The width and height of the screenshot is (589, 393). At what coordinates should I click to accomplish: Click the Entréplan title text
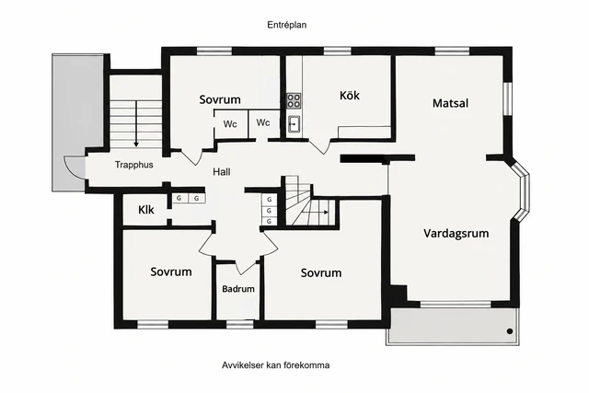coord(287,25)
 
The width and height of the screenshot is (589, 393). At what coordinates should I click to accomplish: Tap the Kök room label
coord(350,96)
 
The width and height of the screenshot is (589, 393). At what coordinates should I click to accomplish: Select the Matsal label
coord(450,103)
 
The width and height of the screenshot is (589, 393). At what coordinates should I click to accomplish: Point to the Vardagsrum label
coord(456,234)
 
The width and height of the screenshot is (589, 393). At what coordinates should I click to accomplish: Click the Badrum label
coord(238,289)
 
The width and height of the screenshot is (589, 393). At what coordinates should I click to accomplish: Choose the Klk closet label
coord(146,210)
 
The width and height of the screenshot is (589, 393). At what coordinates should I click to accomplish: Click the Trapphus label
coord(134,165)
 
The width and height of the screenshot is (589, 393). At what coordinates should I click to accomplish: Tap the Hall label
coord(222,172)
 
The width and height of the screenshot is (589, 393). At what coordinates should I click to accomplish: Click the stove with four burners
coord(294,100)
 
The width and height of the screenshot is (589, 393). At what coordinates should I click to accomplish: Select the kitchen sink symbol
coord(294,124)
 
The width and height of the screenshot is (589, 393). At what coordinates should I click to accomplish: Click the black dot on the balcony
coord(510,331)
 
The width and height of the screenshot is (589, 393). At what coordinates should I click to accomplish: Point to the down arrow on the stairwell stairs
coord(136,123)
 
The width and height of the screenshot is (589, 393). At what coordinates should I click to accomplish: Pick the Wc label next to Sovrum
coord(230,124)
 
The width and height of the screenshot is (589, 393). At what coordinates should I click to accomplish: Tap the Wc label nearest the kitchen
coord(263,122)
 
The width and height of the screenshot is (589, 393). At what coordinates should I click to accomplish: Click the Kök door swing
coord(319,146)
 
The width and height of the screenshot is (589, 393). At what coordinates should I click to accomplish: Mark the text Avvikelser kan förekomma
coord(276,365)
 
